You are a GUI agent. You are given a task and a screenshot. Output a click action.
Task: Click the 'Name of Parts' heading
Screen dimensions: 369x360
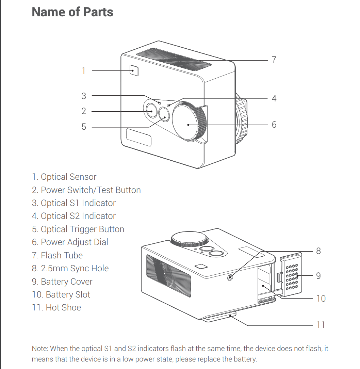[x=72, y=12]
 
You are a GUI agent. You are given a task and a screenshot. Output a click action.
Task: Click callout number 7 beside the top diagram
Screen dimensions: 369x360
[x=274, y=60]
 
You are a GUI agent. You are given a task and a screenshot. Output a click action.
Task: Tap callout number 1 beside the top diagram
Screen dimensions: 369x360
[x=83, y=71]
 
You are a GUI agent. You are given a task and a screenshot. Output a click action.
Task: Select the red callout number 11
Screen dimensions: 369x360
[x=321, y=325]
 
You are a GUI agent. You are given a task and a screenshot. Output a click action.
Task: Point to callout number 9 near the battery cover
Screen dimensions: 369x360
[x=318, y=275]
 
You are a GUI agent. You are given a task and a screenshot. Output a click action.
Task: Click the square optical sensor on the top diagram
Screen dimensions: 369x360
[x=134, y=70]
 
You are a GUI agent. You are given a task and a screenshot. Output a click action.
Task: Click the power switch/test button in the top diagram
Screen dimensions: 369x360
[x=150, y=111]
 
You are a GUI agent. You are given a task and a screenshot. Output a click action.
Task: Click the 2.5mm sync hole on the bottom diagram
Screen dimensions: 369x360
[x=231, y=277]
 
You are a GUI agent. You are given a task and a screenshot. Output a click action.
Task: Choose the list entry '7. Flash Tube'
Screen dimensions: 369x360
[x=57, y=255]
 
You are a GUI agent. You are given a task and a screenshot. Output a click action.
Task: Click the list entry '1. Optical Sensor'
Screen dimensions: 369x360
[x=64, y=177]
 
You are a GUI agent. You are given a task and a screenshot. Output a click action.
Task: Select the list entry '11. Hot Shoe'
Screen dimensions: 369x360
[x=56, y=308]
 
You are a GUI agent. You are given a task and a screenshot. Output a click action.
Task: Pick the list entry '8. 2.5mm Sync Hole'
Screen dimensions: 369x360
[x=70, y=269]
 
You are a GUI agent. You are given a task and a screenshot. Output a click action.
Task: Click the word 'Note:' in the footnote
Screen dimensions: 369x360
[x=40, y=349]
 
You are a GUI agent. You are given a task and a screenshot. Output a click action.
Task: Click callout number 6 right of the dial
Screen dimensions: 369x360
[x=274, y=125]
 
